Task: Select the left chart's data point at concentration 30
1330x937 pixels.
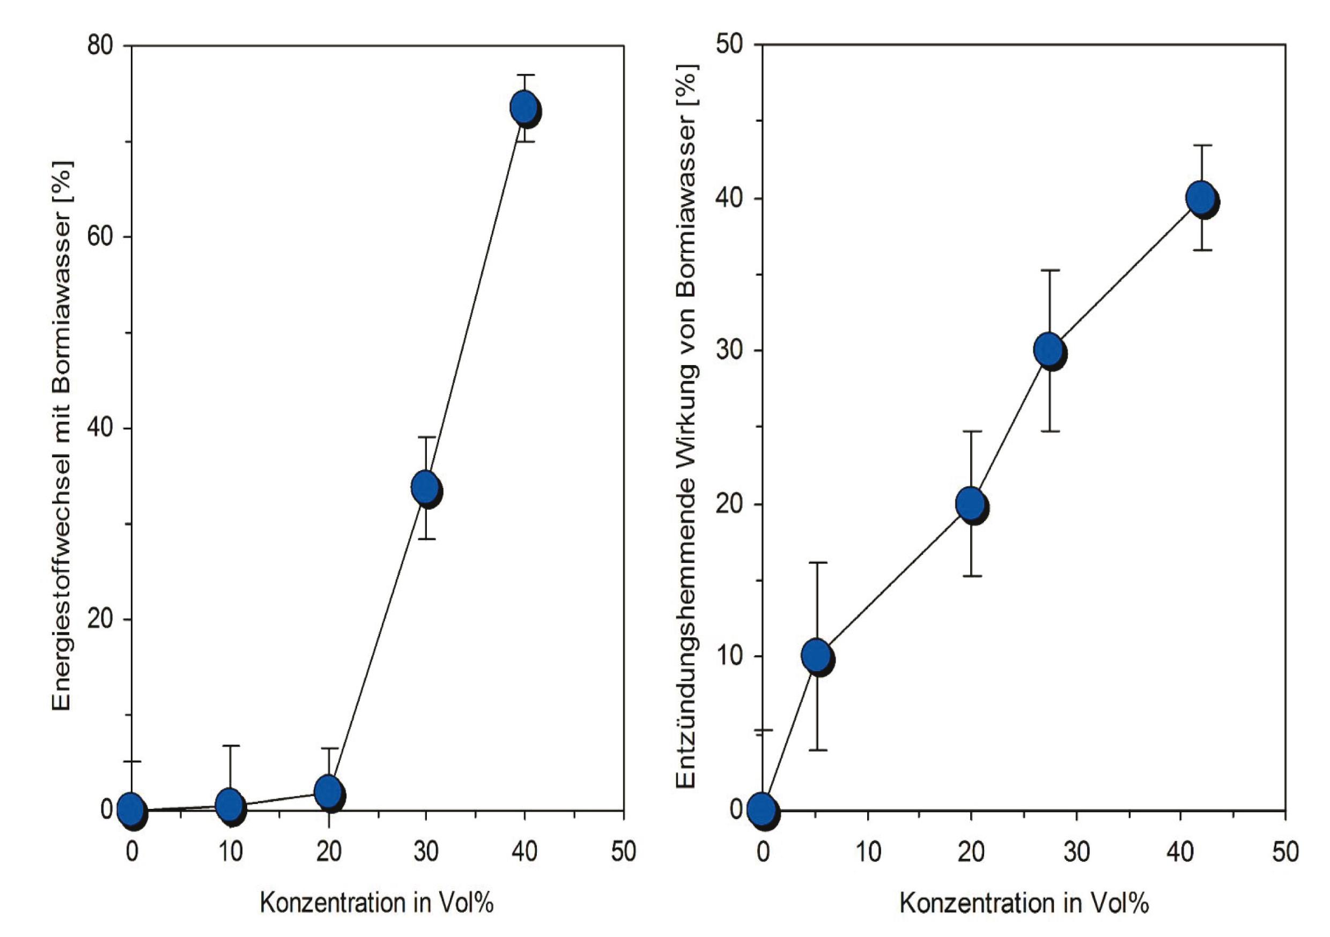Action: pos(426,488)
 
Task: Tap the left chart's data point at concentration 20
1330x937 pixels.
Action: pos(328,791)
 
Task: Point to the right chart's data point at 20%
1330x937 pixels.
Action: pos(971,504)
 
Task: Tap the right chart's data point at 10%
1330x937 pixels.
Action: pos(817,656)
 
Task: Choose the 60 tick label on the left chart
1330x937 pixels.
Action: pos(100,237)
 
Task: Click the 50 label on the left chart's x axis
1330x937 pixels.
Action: pos(623,851)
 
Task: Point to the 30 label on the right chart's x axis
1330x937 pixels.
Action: pos(1076,851)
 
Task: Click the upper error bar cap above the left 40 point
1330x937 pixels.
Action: pos(525,75)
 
